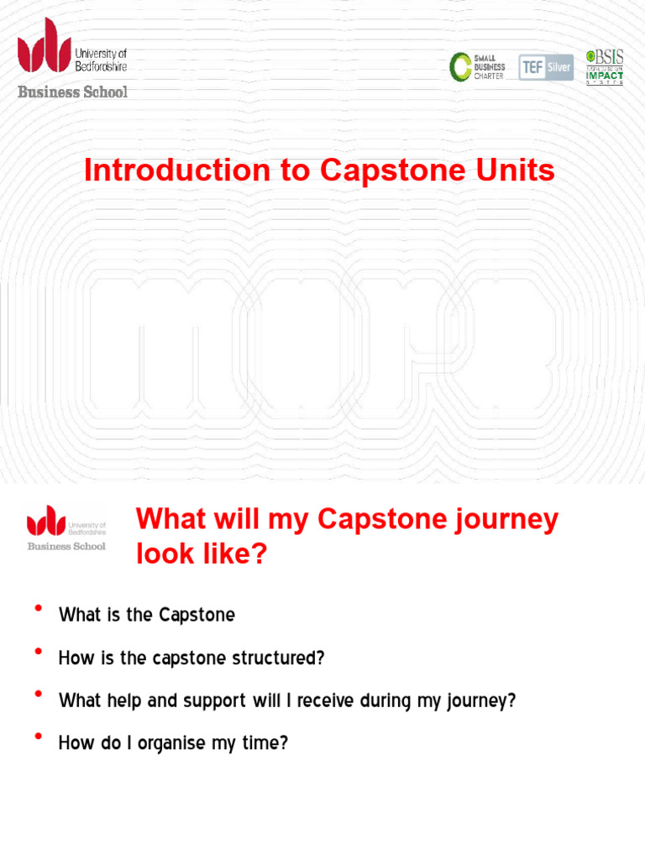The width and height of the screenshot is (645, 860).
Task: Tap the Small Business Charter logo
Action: pos(477,67)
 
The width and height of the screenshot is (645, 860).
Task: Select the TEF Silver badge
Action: pos(546,67)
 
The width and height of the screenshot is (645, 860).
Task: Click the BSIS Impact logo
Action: pos(605,67)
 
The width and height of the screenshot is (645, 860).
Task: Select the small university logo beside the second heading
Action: pos(66,527)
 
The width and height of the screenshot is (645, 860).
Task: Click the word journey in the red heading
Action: pos(507,520)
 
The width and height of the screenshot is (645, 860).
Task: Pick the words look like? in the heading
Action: pos(201,554)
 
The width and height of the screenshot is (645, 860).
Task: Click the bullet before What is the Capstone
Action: pos(38,610)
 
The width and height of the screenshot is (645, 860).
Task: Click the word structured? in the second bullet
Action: pos(278,658)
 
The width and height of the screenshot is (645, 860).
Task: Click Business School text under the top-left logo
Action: pos(73,92)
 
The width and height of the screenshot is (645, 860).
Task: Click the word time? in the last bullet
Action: pos(266,744)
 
